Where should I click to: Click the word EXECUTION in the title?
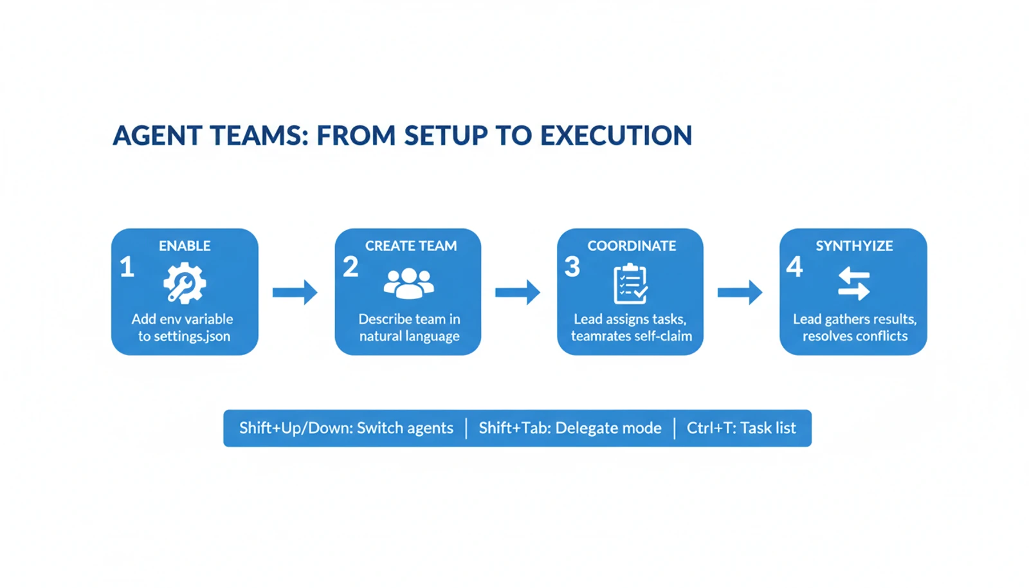click(615, 136)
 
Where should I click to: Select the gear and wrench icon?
click(185, 282)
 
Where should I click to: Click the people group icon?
click(408, 283)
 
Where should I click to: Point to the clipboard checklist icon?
click(630, 284)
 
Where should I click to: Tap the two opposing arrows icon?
click(853, 284)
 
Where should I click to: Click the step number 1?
click(127, 267)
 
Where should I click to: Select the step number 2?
click(351, 267)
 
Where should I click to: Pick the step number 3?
click(572, 267)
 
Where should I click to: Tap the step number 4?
click(795, 267)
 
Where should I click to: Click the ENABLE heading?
click(185, 246)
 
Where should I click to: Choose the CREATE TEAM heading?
click(411, 246)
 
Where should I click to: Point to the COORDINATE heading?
click(632, 246)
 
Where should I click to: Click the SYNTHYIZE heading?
click(854, 246)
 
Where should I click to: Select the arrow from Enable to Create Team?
click(295, 293)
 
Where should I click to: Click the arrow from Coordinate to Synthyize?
click(740, 293)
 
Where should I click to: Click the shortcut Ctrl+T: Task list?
click(741, 428)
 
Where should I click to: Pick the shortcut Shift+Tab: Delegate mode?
click(570, 428)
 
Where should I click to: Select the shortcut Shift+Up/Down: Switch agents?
click(346, 428)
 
